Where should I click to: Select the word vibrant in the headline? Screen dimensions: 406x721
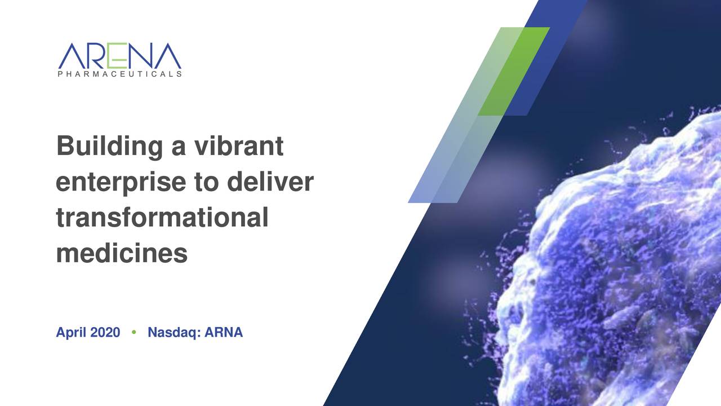(239, 147)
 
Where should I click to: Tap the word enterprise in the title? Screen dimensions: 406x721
(120, 183)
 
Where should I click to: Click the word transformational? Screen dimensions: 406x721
(162, 218)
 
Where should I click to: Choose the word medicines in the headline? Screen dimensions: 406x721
(122, 253)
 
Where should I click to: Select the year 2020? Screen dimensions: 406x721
(105, 333)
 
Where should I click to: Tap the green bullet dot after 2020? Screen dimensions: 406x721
(133, 333)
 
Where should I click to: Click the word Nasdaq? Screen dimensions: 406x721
(173, 333)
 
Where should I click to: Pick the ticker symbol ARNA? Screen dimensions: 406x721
(224, 333)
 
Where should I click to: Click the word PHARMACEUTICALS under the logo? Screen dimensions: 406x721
(119, 74)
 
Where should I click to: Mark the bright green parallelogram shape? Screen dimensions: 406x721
(514, 70)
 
